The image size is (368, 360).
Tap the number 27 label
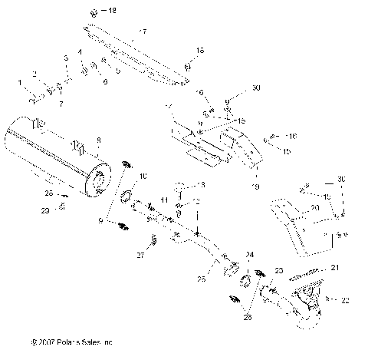(x=140, y=254)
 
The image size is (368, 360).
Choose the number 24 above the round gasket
(x=249, y=253)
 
